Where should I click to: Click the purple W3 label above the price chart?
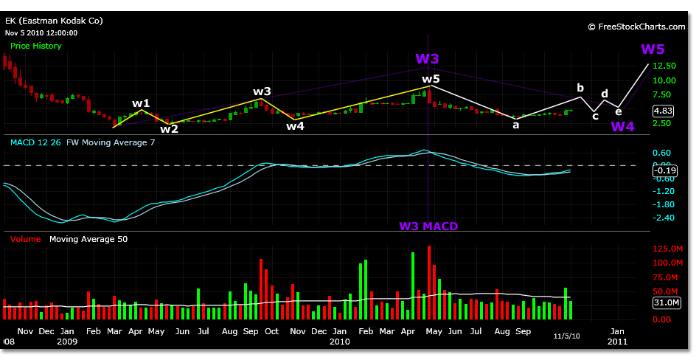pyautogui.click(x=428, y=58)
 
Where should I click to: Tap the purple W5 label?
pyautogui.click(x=653, y=49)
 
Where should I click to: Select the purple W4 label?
pyautogui.click(x=622, y=126)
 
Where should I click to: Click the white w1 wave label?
pyautogui.click(x=141, y=103)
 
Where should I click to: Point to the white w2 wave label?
pyautogui.click(x=170, y=128)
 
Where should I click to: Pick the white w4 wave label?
pyautogui.click(x=296, y=125)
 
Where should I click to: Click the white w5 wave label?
pyautogui.click(x=431, y=79)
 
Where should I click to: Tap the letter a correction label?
pyautogui.click(x=516, y=125)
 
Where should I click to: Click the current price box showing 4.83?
pyautogui.click(x=664, y=111)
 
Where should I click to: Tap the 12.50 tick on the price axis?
pyautogui.click(x=664, y=66)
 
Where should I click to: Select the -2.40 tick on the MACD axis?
pyautogui.click(x=664, y=218)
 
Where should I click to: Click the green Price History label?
pyautogui.click(x=36, y=46)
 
